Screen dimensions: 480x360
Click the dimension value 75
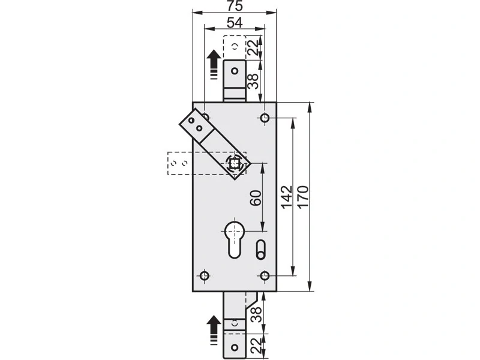235,5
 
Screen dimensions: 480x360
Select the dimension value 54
235,22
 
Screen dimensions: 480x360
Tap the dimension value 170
304,197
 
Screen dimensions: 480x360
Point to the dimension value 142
287,197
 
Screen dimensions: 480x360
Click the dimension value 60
256,198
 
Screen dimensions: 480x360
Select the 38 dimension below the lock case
256,314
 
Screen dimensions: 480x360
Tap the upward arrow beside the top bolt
214,65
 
